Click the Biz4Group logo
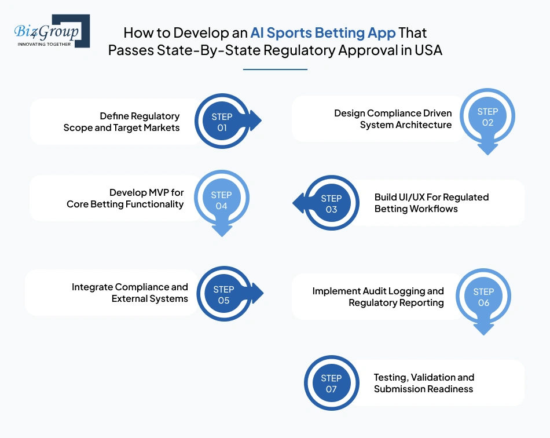(52, 31)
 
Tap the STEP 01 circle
(222, 121)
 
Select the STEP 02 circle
(487, 116)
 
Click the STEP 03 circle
(332, 203)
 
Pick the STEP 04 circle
(222, 198)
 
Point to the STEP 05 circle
(224, 294)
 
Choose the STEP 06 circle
(483, 297)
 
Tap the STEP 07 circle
(332, 383)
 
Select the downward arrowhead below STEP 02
(487, 149)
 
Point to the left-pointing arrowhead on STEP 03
(299, 203)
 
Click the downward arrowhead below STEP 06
(483, 329)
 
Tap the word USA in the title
(428, 50)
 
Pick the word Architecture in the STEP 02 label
(426, 125)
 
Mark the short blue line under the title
(276, 70)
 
